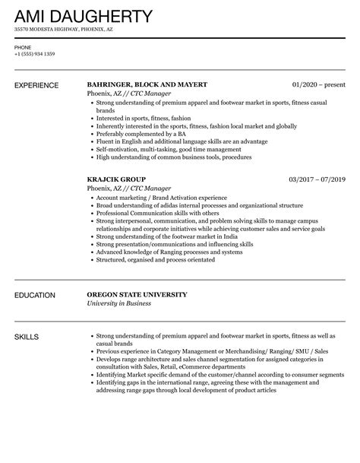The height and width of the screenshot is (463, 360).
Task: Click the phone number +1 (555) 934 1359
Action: [35, 55]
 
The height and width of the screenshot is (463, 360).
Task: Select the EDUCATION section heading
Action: [35, 295]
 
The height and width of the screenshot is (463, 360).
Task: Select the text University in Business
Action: [119, 303]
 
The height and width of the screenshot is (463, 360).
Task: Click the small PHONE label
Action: [22, 47]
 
